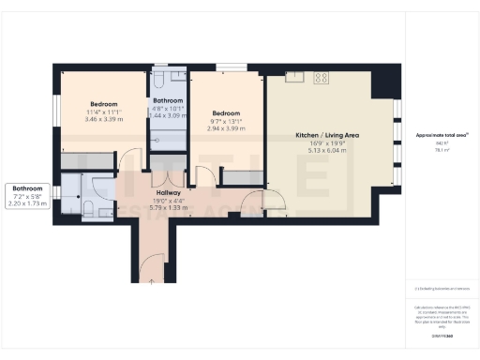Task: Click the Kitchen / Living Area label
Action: (326, 135)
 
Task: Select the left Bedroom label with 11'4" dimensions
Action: (103, 103)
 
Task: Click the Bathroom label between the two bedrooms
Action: (168, 100)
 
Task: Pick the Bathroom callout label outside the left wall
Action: (27, 187)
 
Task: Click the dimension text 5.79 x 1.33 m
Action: (155, 208)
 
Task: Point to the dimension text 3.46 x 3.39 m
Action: (103, 119)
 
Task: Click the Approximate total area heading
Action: (441, 135)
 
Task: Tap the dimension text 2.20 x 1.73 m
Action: (27, 202)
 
